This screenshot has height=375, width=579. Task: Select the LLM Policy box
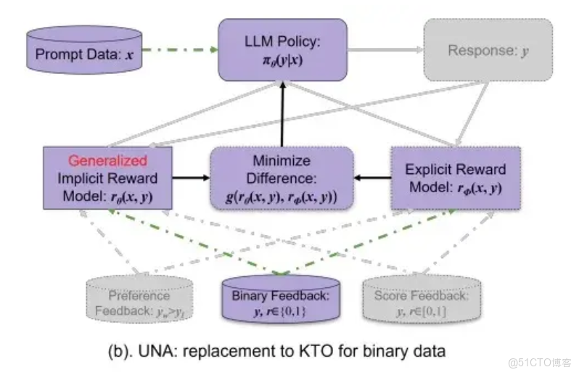tap(282, 49)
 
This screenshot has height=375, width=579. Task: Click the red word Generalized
tap(107, 160)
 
